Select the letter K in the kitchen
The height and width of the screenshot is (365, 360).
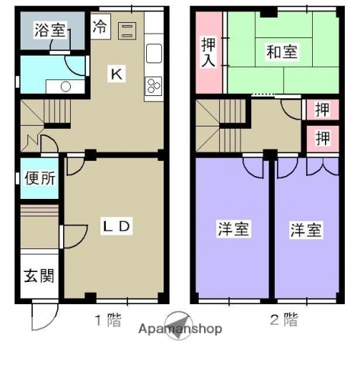pyautogui.click(x=116, y=74)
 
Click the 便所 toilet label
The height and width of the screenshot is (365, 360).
pyautogui.click(x=39, y=180)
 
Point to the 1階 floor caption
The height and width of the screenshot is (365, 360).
pyautogui.click(x=107, y=320)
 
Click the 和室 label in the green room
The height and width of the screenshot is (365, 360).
pyautogui.click(x=282, y=53)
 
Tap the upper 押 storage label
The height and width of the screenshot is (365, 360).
pyautogui.click(x=323, y=110)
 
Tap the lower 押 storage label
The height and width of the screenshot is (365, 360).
pyautogui.click(x=323, y=138)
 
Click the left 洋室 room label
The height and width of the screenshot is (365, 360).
pyautogui.click(x=233, y=229)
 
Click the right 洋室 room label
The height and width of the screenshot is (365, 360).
pyautogui.click(x=305, y=229)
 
